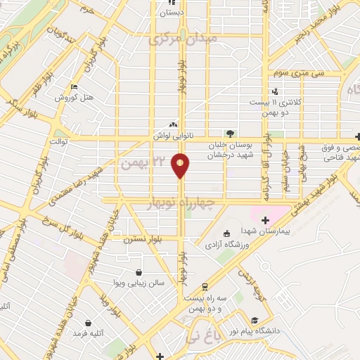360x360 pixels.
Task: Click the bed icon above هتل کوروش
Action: coord(75,87)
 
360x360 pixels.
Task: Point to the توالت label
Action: coord(57,141)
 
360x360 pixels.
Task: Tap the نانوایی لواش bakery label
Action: coord(173,134)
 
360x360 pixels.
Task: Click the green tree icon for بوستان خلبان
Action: coord(229,134)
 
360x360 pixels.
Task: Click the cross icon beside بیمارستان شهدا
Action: coord(264,221)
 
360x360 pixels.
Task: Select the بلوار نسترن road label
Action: coord(143,240)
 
